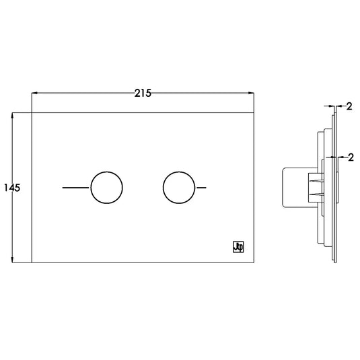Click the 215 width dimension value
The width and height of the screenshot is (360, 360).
tap(143, 94)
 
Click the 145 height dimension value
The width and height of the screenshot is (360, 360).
tap(12, 188)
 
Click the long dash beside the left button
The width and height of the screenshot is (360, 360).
tap(75, 188)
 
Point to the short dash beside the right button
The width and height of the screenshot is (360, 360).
tap(202, 188)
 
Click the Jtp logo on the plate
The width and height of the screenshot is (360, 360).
tap(238, 247)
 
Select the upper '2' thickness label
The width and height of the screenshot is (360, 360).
tap(349, 106)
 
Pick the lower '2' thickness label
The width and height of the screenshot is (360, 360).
tap(351, 157)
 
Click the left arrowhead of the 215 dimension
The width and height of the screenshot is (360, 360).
tap(34, 93)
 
